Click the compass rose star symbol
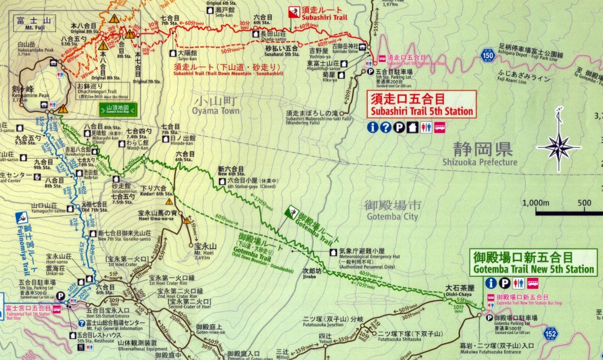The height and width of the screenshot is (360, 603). pos(559,146)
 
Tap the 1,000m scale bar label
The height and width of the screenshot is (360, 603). pos(535,203)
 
